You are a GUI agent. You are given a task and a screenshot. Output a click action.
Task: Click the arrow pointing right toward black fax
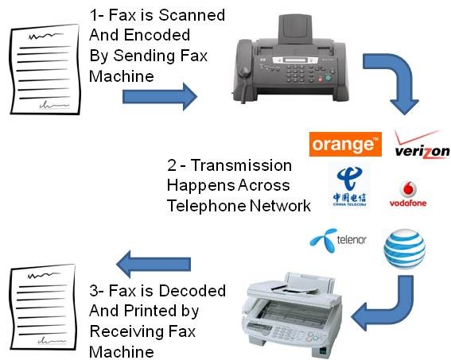click(x=158, y=97)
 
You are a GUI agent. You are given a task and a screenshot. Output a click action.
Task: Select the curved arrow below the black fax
click(x=397, y=83)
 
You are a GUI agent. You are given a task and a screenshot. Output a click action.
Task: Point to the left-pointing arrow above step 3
click(x=156, y=260)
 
